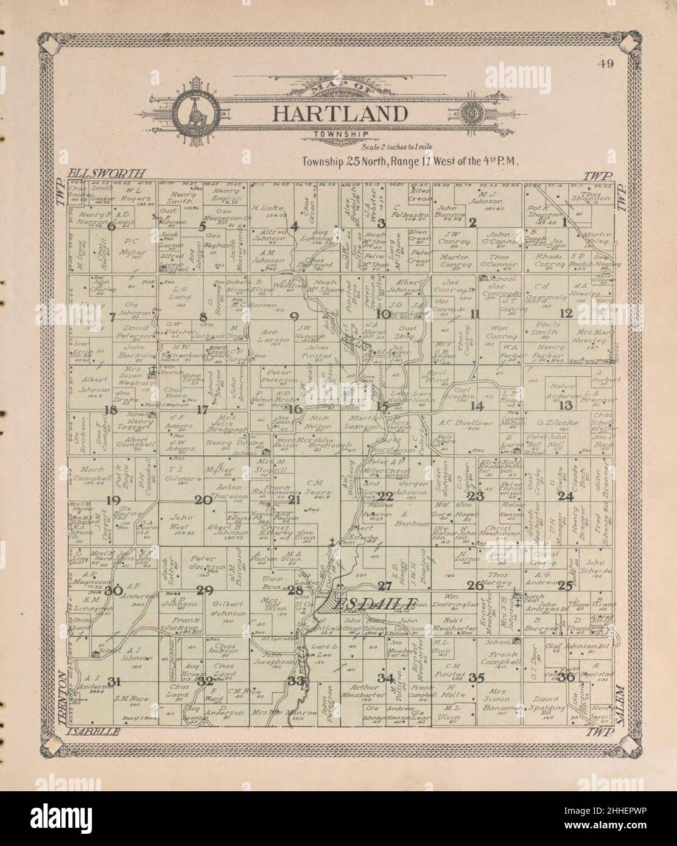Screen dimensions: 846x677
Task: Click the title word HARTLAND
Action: pyautogui.click(x=339, y=114)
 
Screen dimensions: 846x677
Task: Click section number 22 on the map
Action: pyautogui.click(x=385, y=496)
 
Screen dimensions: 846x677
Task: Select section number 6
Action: pyautogui.click(x=111, y=226)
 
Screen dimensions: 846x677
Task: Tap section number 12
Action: pyautogui.click(x=567, y=313)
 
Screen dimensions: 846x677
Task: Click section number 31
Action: pyautogui.click(x=113, y=680)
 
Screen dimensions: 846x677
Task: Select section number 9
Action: pyautogui.click(x=294, y=316)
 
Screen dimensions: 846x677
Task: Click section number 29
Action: pyautogui.click(x=205, y=590)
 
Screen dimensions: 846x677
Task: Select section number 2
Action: pyautogui.click(x=472, y=223)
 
